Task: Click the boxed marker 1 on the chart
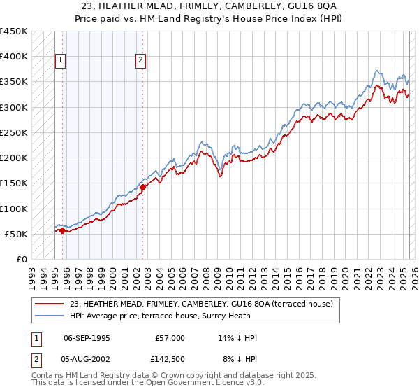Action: [61, 61]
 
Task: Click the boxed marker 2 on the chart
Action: [140, 61]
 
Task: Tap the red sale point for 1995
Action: [62, 230]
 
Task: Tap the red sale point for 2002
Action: [142, 187]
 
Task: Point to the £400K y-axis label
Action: [14, 57]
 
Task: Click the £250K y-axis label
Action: [14, 132]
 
